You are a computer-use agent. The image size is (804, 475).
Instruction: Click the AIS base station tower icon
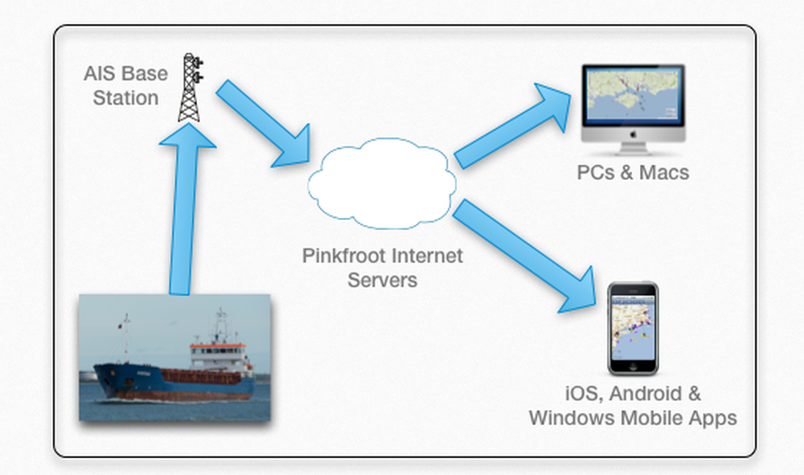191,88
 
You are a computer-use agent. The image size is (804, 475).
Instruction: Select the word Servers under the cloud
382,280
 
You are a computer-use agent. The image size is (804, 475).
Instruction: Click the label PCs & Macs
633,172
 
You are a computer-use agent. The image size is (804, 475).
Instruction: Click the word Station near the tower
125,98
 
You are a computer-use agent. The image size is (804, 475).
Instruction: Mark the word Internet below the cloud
427,256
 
